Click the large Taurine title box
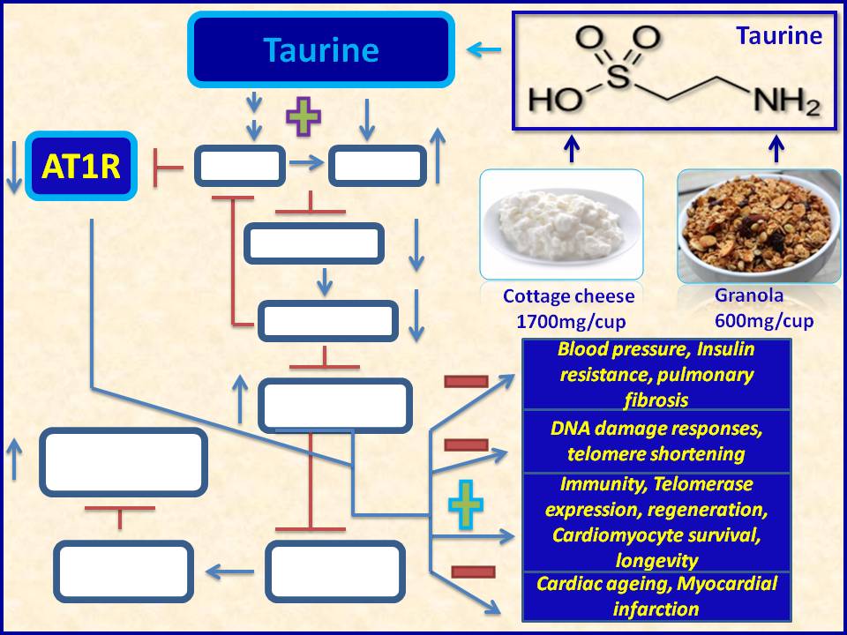(x=321, y=50)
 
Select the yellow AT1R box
(x=80, y=166)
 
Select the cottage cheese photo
(x=561, y=224)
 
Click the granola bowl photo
(x=759, y=224)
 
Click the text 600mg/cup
(x=764, y=318)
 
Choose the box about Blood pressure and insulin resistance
(x=656, y=374)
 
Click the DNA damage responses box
(x=656, y=441)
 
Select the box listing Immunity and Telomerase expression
(x=656, y=521)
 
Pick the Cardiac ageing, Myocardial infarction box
(x=656, y=595)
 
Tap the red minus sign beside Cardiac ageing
(x=473, y=571)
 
